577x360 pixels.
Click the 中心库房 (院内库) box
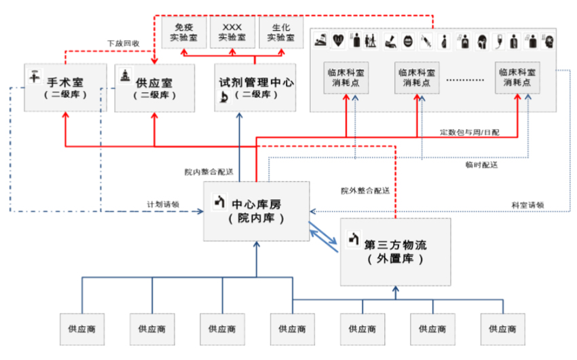click(x=256, y=211)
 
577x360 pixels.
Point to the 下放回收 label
click(x=124, y=43)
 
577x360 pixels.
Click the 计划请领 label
click(x=163, y=203)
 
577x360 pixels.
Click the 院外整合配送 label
click(x=365, y=191)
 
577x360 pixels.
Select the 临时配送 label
click(x=481, y=164)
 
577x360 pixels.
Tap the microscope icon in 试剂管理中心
click(x=223, y=100)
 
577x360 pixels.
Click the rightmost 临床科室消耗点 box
click(x=517, y=77)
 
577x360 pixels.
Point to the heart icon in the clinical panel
click(x=339, y=40)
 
